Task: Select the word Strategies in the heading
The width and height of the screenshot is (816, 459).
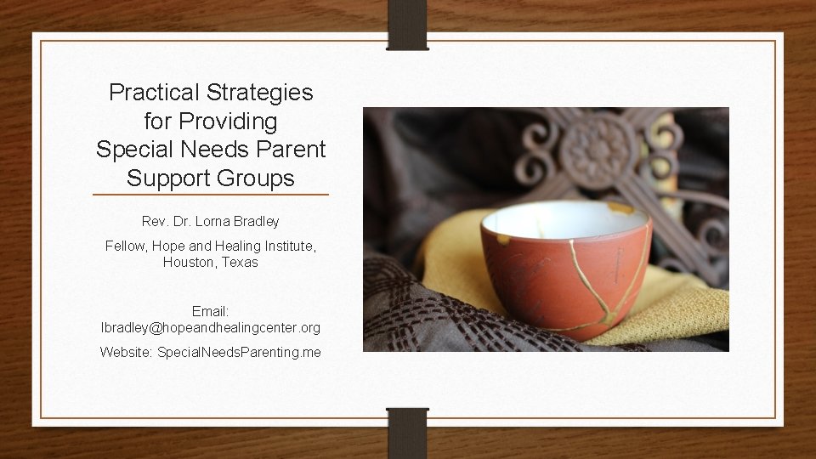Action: pyautogui.click(x=266, y=93)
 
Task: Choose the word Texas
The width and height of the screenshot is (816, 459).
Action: pyautogui.click(x=240, y=263)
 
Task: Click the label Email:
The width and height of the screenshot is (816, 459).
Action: pyautogui.click(x=211, y=312)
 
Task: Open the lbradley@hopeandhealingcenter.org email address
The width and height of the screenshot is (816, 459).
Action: pyautogui.click(x=211, y=328)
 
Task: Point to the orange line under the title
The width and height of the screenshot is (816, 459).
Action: pyautogui.click(x=211, y=195)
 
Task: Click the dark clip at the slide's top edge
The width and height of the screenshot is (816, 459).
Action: pyautogui.click(x=408, y=24)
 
